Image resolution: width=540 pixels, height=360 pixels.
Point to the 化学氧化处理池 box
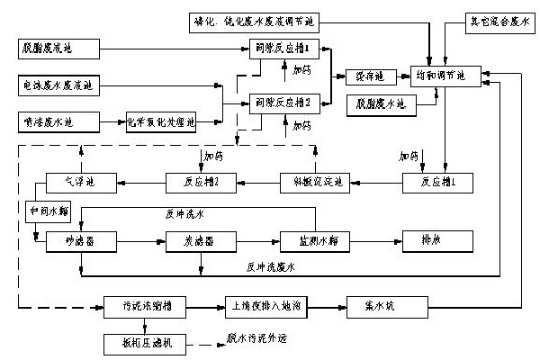tap(165, 119)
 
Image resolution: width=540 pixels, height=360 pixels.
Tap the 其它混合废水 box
tap(499, 18)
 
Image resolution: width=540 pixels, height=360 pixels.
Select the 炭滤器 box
tap(193, 242)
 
